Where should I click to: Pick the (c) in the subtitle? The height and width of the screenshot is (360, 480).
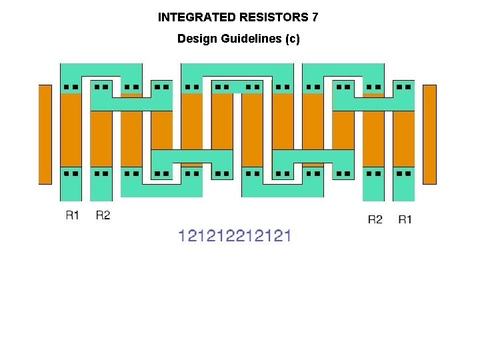(293, 39)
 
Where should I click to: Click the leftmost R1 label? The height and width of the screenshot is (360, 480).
(73, 215)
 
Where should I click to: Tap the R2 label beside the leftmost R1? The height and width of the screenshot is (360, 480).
(103, 215)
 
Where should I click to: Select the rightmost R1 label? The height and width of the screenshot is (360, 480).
(405, 219)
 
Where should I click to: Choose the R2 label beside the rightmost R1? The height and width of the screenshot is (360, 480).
(375, 219)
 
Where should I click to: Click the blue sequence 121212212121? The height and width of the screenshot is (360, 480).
(235, 235)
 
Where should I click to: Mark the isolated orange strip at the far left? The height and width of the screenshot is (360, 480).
(45, 134)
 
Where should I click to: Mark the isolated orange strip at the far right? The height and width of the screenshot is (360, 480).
(429, 134)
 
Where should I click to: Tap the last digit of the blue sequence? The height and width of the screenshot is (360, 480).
(287, 235)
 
